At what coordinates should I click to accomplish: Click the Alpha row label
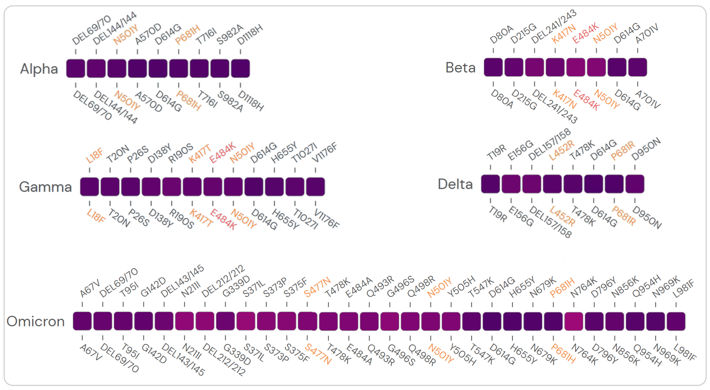pyautogui.click(x=39, y=69)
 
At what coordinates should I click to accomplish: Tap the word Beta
pyautogui.click(x=461, y=67)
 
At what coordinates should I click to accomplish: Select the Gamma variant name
pyautogui.click(x=46, y=187)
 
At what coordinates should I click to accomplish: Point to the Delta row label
pyautogui.click(x=455, y=184)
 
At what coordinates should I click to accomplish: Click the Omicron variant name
pyautogui.click(x=36, y=321)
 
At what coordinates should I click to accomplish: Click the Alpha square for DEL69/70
pyautogui.click(x=75, y=68)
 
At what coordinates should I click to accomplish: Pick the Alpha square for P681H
pyautogui.click(x=179, y=68)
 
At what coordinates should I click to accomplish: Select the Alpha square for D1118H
pyautogui.click(x=240, y=68)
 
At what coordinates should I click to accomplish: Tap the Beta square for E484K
pyautogui.click(x=576, y=67)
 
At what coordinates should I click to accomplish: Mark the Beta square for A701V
pyautogui.click(x=638, y=67)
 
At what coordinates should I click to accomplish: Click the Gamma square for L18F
pyautogui.click(x=89, y=187)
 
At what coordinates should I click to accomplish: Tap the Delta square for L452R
pyautogui.click(x=552, y=184)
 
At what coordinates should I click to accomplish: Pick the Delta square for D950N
pyautogui.click(x=635, y=184)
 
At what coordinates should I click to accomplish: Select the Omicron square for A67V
pyautogui.click(x=82, y=321)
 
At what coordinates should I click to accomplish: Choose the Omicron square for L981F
pyautogui.click(x=676, y=321)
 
